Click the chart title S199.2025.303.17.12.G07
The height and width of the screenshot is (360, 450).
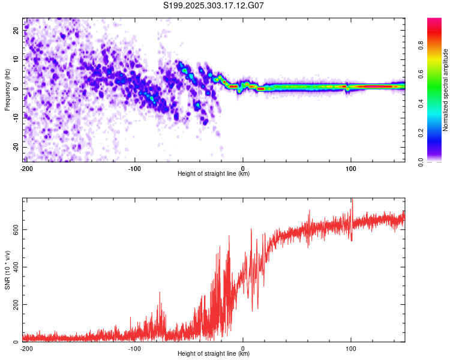click(x=214, y=5)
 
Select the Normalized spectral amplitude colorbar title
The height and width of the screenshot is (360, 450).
click(x=445, y=90)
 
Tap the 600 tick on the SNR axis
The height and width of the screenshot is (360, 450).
click(x=14, y=230)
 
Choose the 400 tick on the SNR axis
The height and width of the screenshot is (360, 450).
click(x=14, y=267)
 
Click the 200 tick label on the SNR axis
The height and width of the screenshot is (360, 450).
click(x=14, y=305)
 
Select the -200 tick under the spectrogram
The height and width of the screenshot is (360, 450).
click(x=26, y=168)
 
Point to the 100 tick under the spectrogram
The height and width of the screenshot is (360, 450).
click(x=351, y=168)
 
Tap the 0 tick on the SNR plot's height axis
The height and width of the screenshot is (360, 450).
click(x=242, y=348)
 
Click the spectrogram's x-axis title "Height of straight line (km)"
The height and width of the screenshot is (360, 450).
click(x=214, y=174)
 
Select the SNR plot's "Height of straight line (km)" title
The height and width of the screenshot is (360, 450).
click(x=214, y=354)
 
